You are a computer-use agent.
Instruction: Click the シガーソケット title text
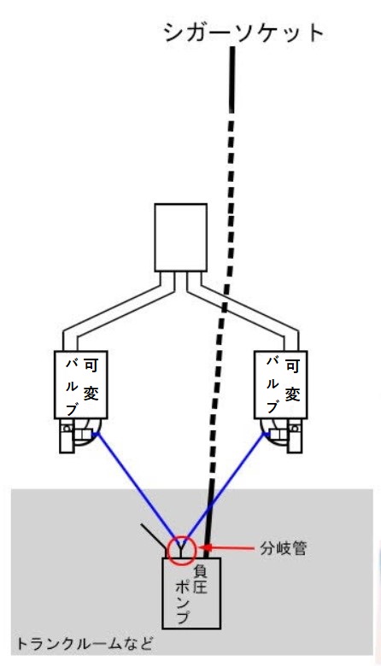243,33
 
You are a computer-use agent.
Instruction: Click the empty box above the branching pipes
180,237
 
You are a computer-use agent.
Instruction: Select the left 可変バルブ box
81,384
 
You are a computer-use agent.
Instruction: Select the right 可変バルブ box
280,384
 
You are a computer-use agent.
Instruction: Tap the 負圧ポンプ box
191,593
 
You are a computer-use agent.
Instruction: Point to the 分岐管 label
283,549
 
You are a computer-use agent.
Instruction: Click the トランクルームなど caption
84,645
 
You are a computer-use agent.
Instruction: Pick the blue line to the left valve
136,488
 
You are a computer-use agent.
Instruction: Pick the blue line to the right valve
228,488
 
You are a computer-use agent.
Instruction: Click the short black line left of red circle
154,538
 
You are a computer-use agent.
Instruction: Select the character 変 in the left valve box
91,394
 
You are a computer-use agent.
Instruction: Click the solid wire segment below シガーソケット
232,79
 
